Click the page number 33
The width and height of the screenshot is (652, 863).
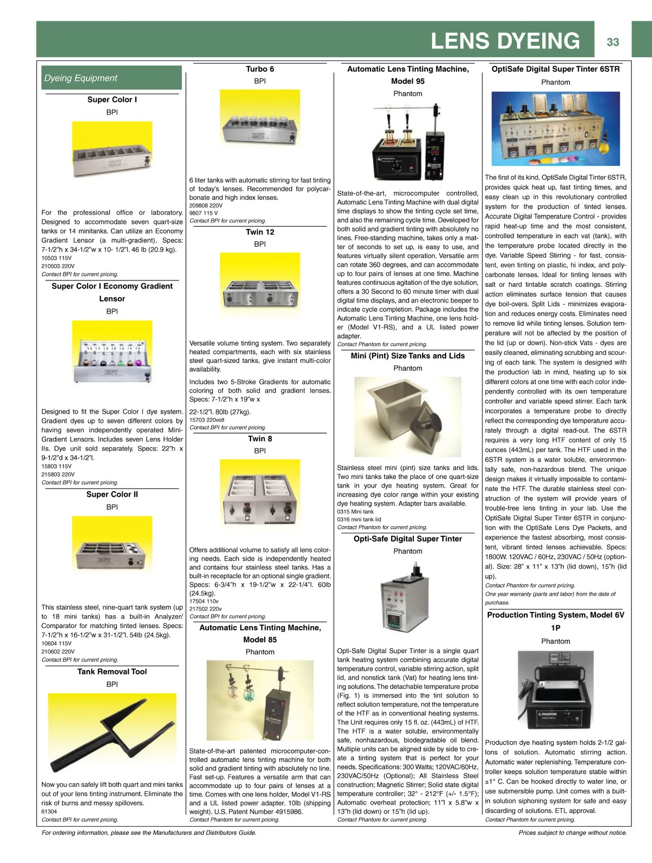point(613,42)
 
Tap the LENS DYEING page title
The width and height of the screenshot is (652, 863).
point(505,41)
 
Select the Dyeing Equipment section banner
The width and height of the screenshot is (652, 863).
point(111,78)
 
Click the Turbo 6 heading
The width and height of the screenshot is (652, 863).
point(260,69)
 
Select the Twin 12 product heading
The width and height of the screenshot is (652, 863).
point(260,232)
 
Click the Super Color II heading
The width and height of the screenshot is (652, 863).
point(112,495)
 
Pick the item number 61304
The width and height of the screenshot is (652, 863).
point(49,811)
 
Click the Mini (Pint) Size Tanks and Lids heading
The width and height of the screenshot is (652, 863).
point(407,356)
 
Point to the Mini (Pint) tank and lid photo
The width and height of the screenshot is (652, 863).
point(407,417)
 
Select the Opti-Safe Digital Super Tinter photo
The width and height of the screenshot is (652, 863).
point(407,599)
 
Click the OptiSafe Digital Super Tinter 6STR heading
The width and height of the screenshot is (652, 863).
point(555,69)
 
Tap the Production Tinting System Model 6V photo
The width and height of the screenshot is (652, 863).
point(555,691)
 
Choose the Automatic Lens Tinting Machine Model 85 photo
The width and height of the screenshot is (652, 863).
point(260,700)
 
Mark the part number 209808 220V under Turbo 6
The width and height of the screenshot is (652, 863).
point(206,205)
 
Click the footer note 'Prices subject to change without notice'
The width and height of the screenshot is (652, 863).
point(572,833)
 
